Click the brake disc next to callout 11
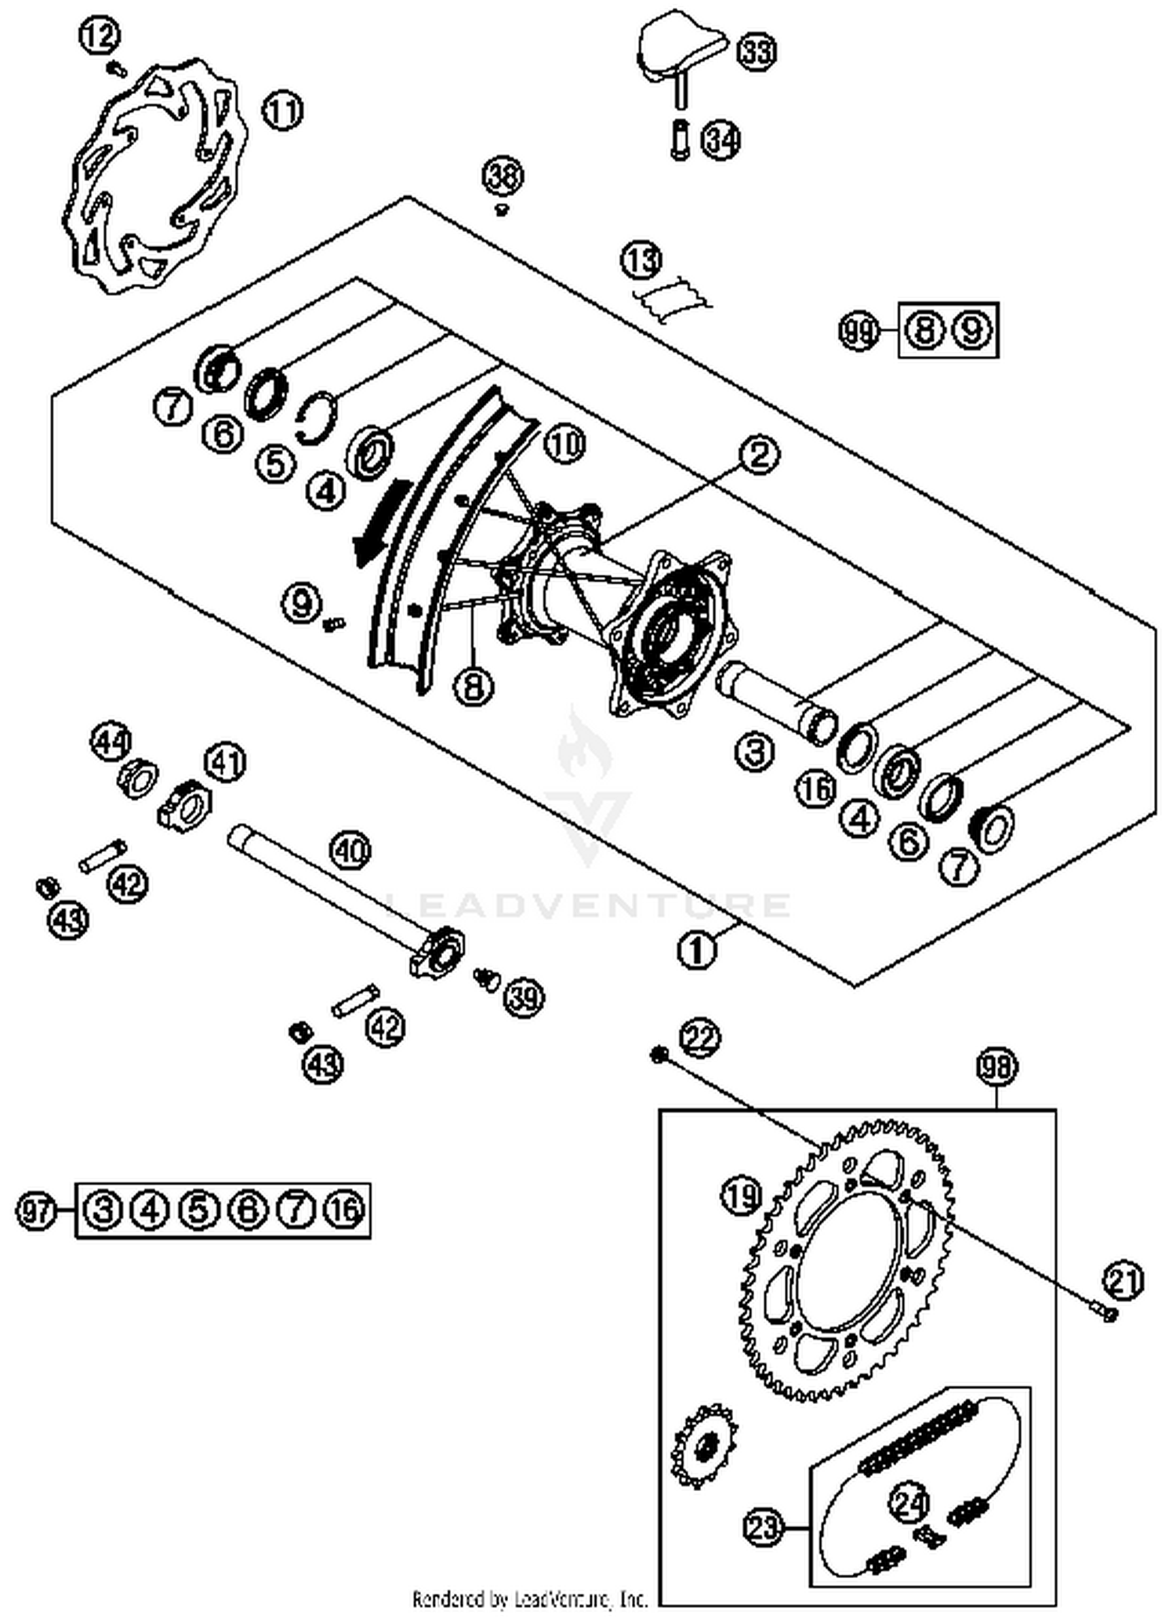pos(153,176)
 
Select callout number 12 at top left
pos(100,36)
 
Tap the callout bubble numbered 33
pos(757,53)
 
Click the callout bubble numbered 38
pos(503,176)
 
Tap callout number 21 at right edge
pos(1123,1281)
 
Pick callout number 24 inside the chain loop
pos(909,1504)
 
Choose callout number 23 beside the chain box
pos(764,1526)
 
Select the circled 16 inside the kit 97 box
pos(345,1210)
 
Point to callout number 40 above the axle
pos(350,850)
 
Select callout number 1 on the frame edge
pos(696,950)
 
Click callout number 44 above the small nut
pos(113,742)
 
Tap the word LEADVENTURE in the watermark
pos(588,905)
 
